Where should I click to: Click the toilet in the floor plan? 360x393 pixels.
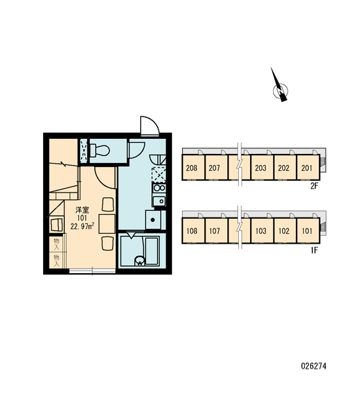99,150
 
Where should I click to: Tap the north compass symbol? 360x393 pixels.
280,88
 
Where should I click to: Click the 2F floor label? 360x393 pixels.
314,186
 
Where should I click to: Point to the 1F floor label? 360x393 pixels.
314,250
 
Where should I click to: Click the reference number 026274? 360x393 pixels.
314,366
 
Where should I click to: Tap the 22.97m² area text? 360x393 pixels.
82,227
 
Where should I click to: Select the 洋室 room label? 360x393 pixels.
82,210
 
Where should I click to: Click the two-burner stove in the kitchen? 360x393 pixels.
159,187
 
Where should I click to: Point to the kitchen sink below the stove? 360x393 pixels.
159,201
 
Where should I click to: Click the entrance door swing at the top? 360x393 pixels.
150,126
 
